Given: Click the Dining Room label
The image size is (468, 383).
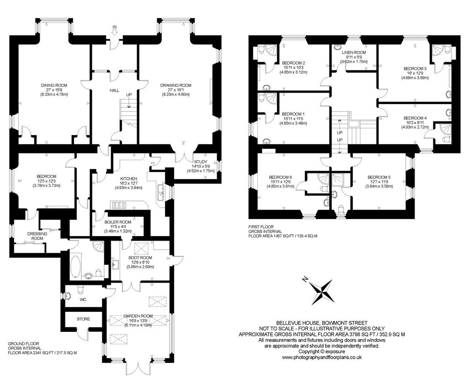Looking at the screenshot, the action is (54, 85).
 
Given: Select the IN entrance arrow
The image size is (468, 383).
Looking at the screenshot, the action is (114, 31).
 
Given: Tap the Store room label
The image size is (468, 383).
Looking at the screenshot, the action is (83, 319).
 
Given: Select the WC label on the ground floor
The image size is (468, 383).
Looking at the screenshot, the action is (83, 299).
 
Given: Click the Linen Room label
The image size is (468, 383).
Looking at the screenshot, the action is (354, 52).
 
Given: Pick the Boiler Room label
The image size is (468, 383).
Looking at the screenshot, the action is (118, 222).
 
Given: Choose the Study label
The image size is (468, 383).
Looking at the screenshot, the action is (201, 162).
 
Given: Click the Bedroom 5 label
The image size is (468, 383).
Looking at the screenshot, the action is (379, 177).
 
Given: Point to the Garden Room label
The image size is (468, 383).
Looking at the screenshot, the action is (138, 316).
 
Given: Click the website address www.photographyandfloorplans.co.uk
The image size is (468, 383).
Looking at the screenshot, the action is (322, 357).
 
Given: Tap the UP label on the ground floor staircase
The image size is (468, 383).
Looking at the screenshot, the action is (129, 94).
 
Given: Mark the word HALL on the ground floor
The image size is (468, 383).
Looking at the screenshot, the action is (114, 90).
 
